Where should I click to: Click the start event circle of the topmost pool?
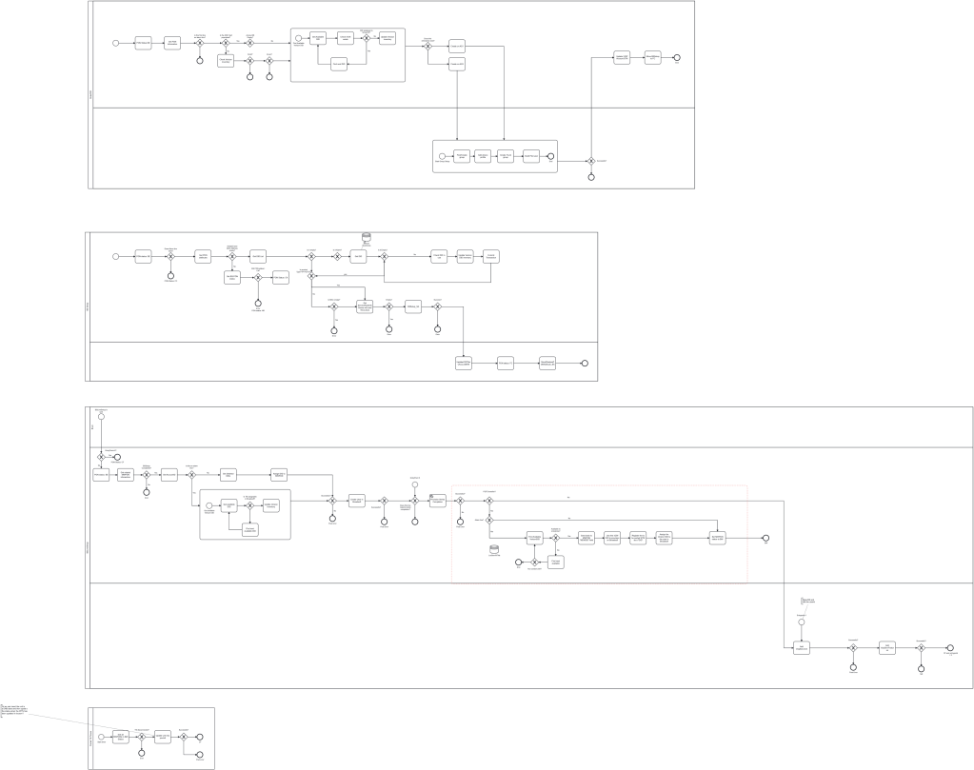tap(116, 43)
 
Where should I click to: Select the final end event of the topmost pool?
tap(677, 58)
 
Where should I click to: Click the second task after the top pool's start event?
tap(172, 43)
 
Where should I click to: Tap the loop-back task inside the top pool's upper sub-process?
tap(339, 64)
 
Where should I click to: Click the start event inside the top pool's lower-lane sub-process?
tap(442, 156)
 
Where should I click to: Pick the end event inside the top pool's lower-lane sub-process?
tap(550, 156)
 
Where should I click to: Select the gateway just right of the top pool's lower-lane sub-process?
tap(591, 161)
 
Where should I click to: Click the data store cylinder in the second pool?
tap(367, 237)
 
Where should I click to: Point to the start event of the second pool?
tap(116, 256)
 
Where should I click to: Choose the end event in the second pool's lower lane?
tap(585, 363)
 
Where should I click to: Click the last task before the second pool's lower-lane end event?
tap(547, 363)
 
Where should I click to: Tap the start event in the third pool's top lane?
tap(101, 416)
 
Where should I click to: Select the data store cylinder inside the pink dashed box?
tap(494, 549)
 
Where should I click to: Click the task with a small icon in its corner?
tap(438, 501)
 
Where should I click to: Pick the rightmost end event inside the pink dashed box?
tap(765, 538)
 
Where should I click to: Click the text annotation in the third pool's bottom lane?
tap(807, 601)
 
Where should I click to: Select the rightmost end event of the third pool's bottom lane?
tap(950, 647)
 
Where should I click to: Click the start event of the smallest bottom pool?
tap(102, 736)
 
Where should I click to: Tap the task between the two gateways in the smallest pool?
tap(163, 736)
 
